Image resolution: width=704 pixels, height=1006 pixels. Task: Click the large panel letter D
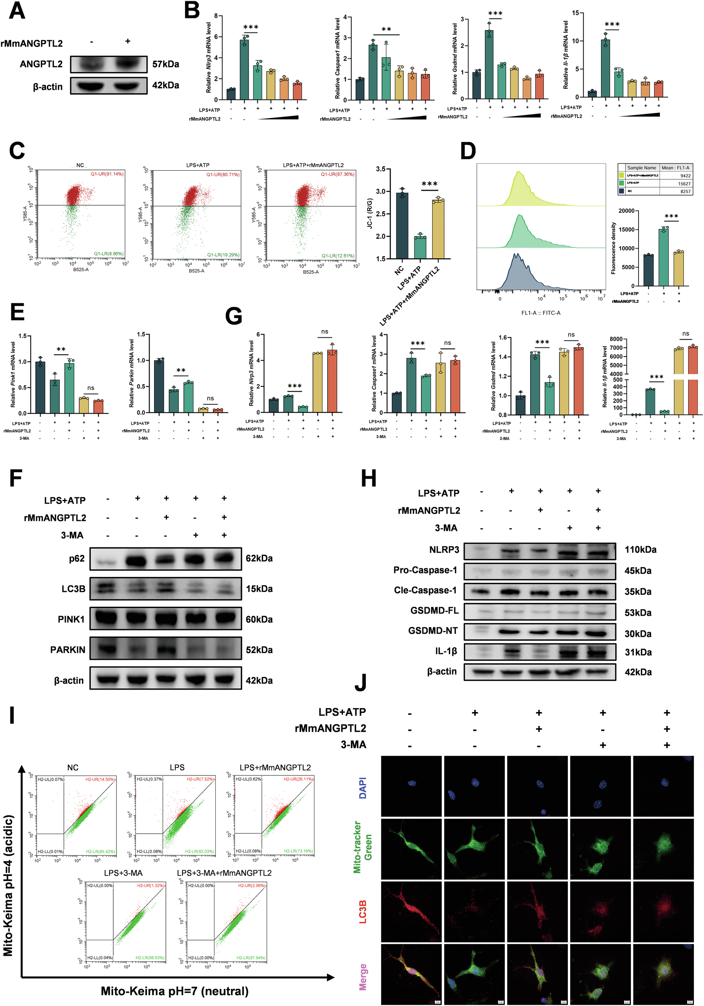pyautogui.click(x=468, y=151)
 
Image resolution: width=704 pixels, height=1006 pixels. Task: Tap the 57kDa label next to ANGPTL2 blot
pyautogui.click(x=165, y=64)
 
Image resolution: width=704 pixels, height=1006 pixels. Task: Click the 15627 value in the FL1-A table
pyautogui.click(x=684, y=184)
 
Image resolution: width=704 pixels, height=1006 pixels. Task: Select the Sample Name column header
pyautogui.click(x=641, y=168)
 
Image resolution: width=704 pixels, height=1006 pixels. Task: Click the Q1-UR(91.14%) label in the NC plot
pyautogui.click(x=107, y=174)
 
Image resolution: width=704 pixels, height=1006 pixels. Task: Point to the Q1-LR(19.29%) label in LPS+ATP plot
pyautogui.click(x=223, y=255)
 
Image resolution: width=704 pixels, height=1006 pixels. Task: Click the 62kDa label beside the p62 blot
pyautogui.click(x=259, y=558)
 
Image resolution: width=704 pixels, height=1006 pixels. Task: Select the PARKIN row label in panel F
pyautogui.click(x=67, y=650)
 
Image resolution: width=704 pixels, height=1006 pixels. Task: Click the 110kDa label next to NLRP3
pyautogui.click(x=640, y=549)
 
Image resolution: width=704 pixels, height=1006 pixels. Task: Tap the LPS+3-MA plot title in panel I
pyautogui.click(x=123, y=873)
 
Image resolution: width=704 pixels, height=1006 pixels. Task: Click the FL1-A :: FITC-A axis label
pyautogui.click(x=541, y=313)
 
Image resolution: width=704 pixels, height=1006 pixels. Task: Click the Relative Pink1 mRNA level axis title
pyautogui.click(x=13, y=375)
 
